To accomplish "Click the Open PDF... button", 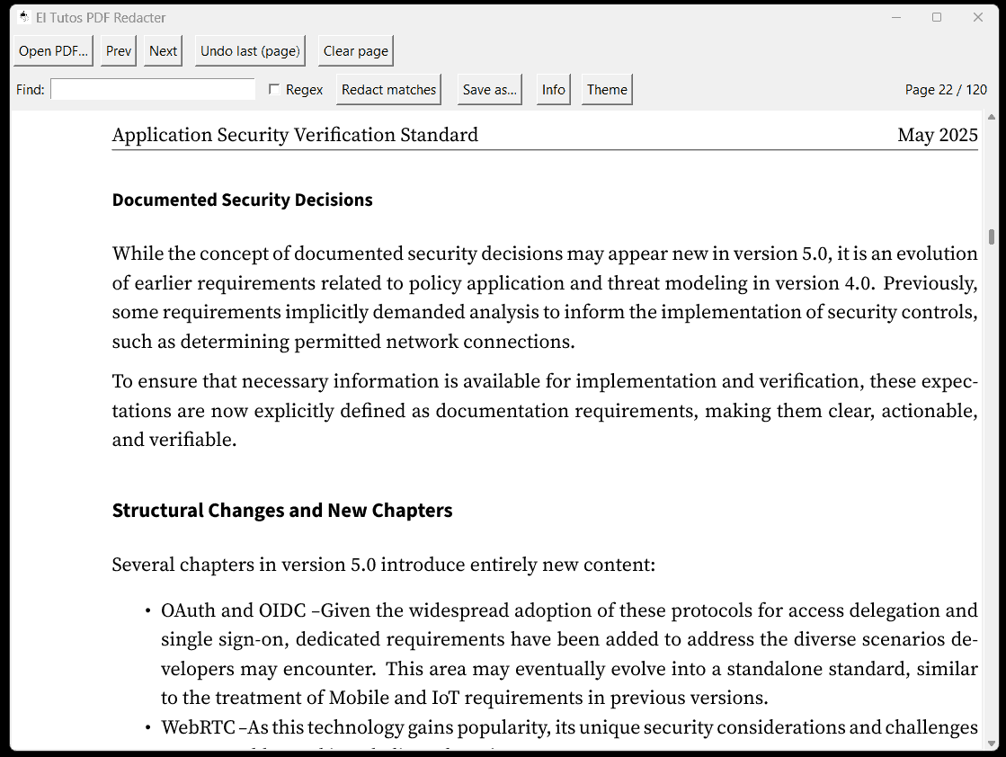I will point(53,51).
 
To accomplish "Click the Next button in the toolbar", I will point(163,51).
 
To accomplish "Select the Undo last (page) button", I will point(250,51).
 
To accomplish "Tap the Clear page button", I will point(355,51).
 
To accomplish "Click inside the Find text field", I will point(153,90).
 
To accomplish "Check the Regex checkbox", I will point(275,90).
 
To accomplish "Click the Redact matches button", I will point(388,90).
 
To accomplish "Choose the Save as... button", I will point(489,90).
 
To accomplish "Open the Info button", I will point(553,90).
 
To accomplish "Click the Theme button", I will point(607,90).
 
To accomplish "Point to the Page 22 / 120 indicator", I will point(946,90).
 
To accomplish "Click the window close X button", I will point(978,17).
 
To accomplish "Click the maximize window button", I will point(937,17).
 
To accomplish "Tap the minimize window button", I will point(895,17).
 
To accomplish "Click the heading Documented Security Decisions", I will point(242,200).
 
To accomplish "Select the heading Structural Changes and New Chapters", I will point(281,511).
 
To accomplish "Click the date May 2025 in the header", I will point(937,136).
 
